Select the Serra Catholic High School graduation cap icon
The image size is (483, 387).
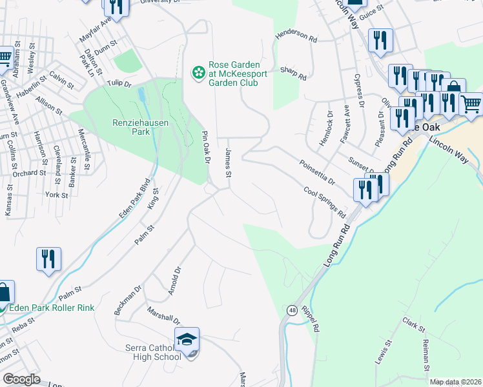[187, 339]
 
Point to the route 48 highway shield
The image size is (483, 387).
[293, 311]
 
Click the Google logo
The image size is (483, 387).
[22, 379]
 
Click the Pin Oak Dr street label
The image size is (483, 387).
[207, 147]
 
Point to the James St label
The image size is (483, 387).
[228, 162]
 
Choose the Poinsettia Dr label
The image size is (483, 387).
[317, 172]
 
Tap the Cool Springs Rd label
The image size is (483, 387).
[325, 201]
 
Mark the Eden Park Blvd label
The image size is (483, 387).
[134, 199]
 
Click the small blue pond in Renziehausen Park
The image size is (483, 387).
[141, 95]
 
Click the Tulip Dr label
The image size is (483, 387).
[119, 83]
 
